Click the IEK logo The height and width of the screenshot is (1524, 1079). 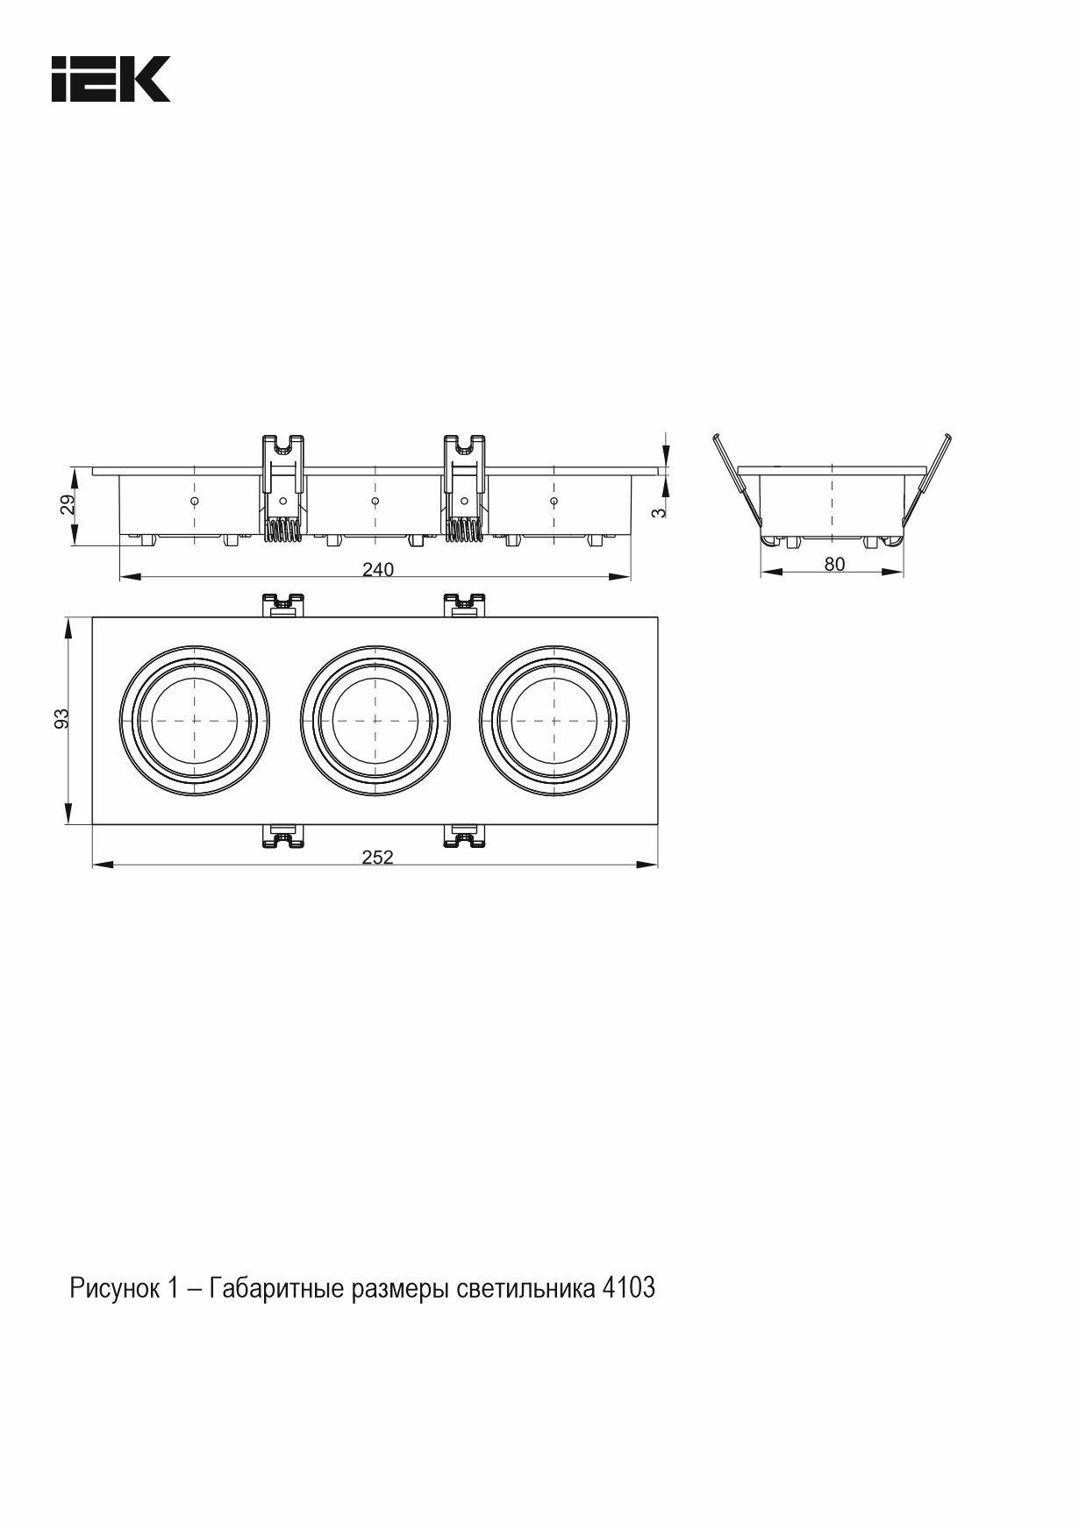[111, 79]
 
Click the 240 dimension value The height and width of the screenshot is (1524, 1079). [378, 570]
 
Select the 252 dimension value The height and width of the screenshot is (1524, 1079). [378, 858]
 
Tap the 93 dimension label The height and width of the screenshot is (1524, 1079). [62, 719]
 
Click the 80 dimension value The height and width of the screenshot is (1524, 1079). [834, 565]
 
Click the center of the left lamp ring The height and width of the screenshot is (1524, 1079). [194, 720]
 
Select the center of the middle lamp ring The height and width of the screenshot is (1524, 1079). [375, 720]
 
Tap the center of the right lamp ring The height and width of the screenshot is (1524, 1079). [554, 720]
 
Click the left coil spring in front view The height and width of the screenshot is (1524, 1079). [282, 531]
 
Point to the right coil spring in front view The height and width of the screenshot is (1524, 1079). [464, 531]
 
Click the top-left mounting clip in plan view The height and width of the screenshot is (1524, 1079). [283, 605]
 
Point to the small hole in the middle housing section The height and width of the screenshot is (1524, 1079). [375, 501]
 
